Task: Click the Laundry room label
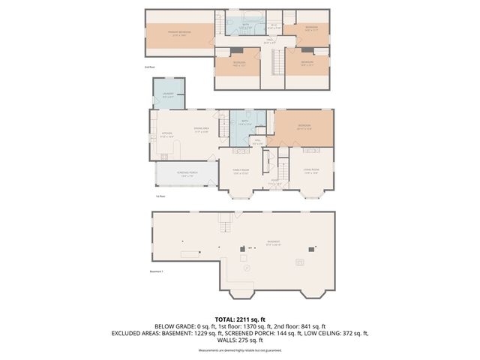169,95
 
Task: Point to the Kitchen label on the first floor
167,136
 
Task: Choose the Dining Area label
200,130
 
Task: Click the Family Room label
240,172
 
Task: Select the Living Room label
310,172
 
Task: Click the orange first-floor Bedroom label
304,127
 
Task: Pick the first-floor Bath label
244,122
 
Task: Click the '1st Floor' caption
160,197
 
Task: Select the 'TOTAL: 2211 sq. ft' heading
239,319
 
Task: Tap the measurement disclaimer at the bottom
239,350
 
